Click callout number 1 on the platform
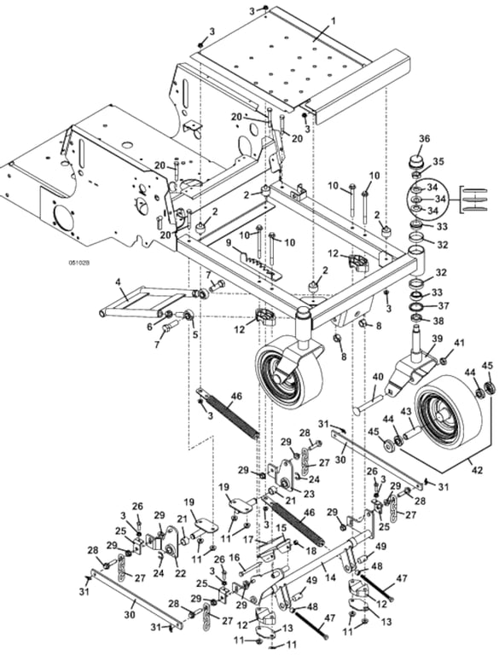(x=333, y=21)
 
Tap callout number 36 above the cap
(x=424, y=139)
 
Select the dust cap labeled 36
(x=416, y=161)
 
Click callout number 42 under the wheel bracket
(x=478, y=470)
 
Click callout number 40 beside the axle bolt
(x=377, y=377)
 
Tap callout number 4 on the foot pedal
(x=119, y=282)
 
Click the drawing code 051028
(x=79, y=264)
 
